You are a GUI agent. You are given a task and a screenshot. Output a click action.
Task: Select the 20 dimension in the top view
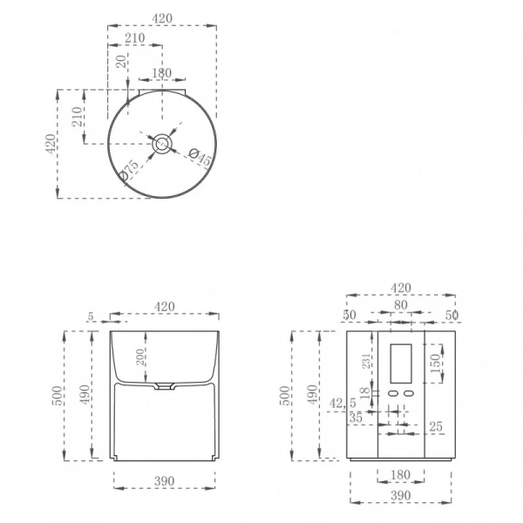pyautogui.click(x=121, y=63)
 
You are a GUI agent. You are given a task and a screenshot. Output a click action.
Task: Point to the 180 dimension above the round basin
pyautogui.click(x=162, y=73)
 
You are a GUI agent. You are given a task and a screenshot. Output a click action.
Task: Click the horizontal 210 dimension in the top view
pyautogui.click(x=134, y=37)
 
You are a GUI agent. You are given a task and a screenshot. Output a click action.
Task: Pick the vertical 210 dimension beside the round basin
pyautogui.click(x=76, y=117)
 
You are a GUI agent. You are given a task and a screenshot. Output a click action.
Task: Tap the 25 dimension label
pyautogui.click(x=436, y=425)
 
